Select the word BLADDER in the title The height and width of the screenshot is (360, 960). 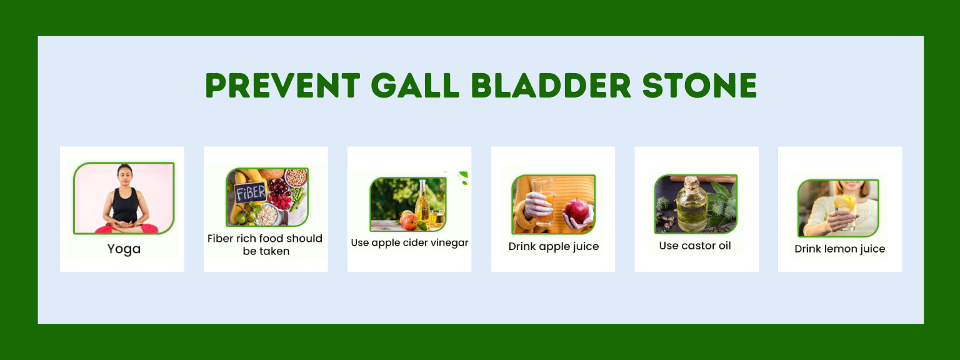tap(551, 85)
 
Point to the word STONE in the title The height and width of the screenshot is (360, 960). tap(700, 85)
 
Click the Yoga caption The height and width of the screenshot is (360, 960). tap(124, 249)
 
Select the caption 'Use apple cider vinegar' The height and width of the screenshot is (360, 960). tap(409, 242)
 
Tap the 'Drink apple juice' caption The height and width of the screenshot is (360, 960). tap(553, 246)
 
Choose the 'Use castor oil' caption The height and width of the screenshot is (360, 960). tap(695, 246)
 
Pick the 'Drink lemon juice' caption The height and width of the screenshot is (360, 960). tap(839, 249)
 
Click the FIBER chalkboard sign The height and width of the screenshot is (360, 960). tap(251, 193)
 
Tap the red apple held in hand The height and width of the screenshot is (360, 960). tap(576, 211)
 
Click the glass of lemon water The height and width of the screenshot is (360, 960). tap(845, 211)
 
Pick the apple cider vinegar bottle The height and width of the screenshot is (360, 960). tap(422, 201)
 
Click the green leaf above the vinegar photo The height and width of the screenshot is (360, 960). tap(463, 177)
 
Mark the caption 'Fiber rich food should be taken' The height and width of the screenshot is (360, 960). tap(265, 245)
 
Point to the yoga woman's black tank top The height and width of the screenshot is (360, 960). tap(125, 205)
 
